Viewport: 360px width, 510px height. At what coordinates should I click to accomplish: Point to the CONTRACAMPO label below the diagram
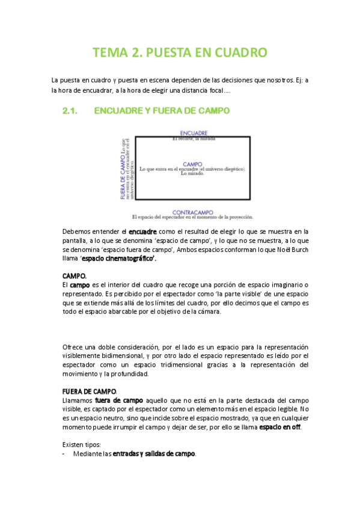click(x=193, y=212)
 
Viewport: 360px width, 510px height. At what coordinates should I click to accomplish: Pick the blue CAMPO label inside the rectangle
click(x=192, y=164)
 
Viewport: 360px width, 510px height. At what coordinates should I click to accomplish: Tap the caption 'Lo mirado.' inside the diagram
click(x=192, y=174)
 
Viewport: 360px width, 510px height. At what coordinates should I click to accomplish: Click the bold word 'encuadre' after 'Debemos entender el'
click(x=143, y=231)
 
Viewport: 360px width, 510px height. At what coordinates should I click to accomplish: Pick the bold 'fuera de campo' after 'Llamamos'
click(x=119, y=400)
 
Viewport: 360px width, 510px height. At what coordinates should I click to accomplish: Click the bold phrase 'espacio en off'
click(x=279, y=427)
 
